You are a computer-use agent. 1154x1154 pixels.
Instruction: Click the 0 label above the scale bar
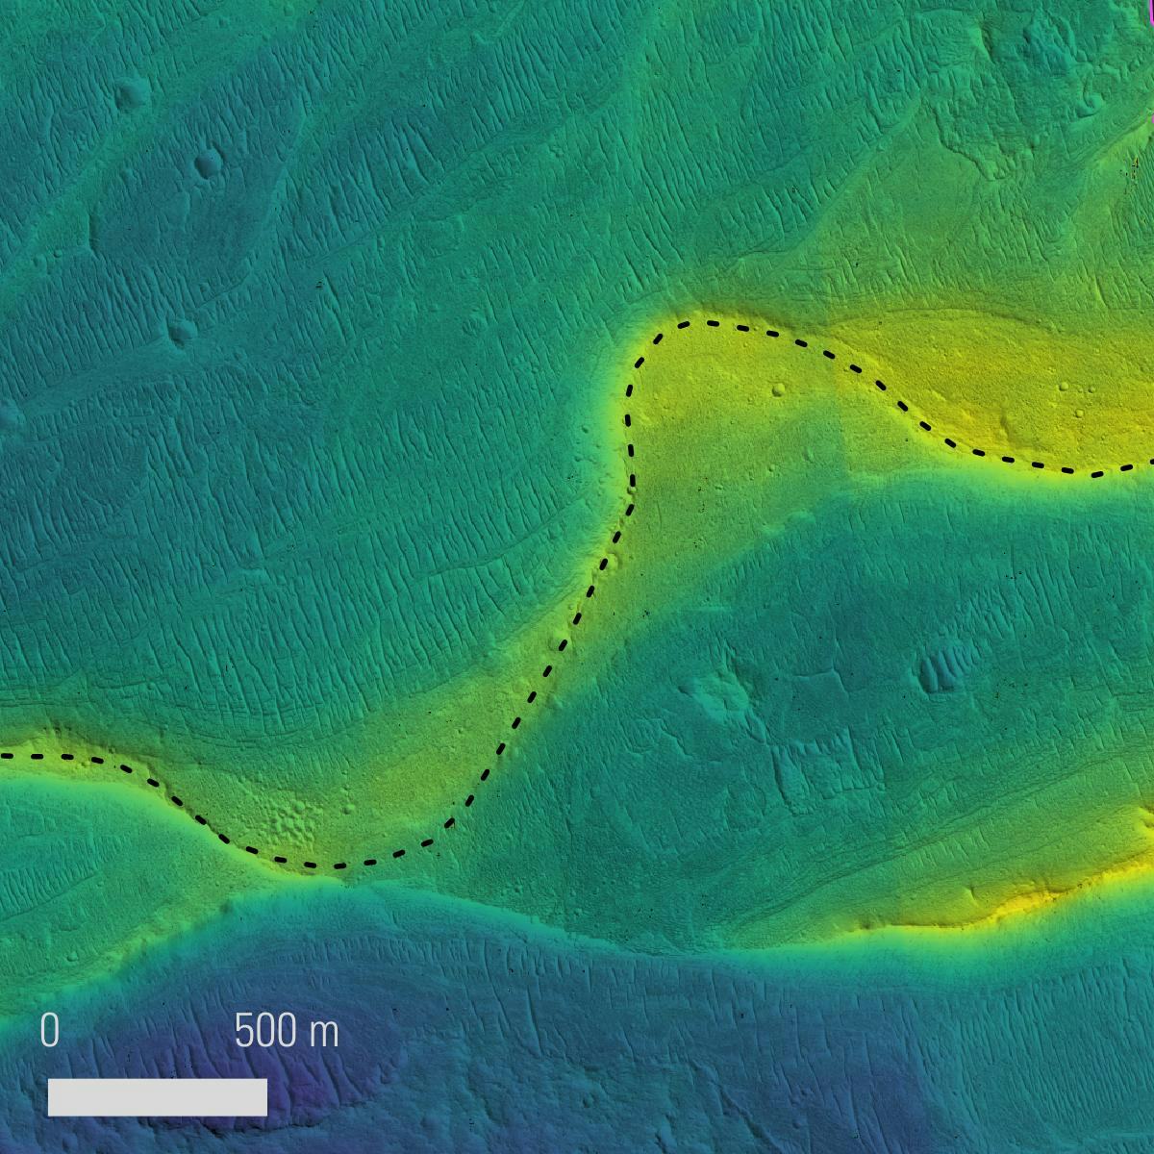click(x=50, y=1032)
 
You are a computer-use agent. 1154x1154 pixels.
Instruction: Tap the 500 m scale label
click(x=287, y=1032)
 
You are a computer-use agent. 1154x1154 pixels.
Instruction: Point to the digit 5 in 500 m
click(x=244, y=1032)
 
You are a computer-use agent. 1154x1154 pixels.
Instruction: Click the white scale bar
click(x=158, y=1097)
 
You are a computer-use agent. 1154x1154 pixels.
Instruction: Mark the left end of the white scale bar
click(x=49, y=1097)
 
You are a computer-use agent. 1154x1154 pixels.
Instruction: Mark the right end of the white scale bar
click(x=266, y=1097)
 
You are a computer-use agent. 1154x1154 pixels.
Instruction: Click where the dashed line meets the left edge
click(x=2, y=756)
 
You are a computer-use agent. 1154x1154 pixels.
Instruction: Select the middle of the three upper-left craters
click(x=206, y=164)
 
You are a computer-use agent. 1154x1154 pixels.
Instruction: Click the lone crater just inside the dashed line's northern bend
click(x=777, y=390)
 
